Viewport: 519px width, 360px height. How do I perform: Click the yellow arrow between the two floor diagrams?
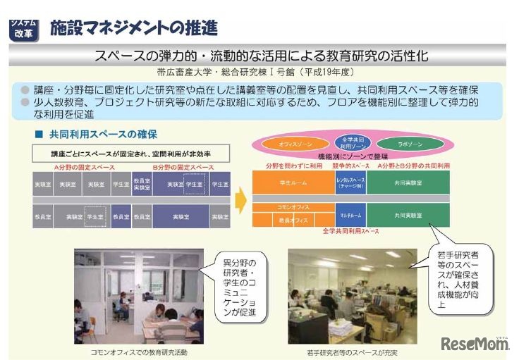[240, 199]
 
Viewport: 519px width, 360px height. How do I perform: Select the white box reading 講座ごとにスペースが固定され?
[130, 153]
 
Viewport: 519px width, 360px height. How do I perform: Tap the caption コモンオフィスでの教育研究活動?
[139, 350]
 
